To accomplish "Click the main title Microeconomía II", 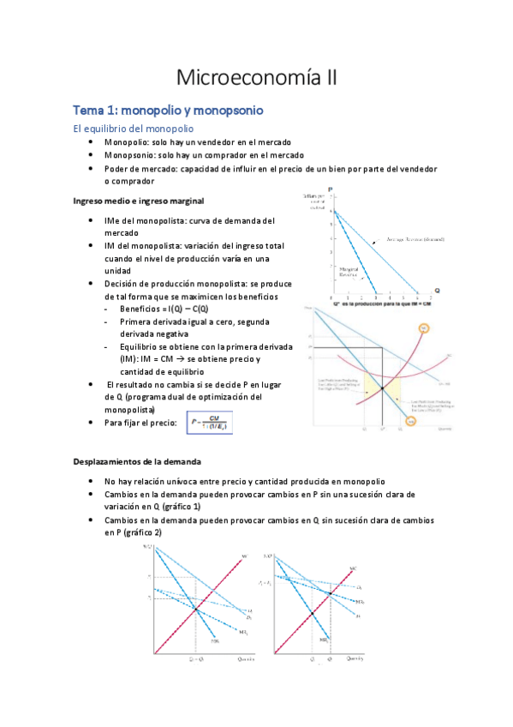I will (257, 78).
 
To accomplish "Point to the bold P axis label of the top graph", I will (329, 189).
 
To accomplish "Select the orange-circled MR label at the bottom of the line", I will (412, 421).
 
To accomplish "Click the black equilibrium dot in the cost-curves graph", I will (382, 390).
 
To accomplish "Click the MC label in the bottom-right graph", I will (353, 567).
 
